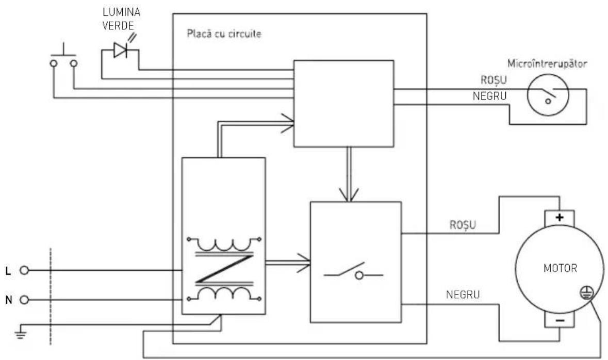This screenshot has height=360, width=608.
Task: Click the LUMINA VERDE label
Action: tap(121, 19)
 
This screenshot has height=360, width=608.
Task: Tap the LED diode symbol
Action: tap(121, 50)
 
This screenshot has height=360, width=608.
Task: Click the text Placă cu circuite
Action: tap(224, 34)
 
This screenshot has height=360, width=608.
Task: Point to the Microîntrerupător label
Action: tap(547, 63)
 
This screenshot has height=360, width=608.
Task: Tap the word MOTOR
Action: tap(561, 268)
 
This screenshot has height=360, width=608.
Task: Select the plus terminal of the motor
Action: tap(559, 218)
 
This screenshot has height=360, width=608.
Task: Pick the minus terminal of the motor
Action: tap(560, 320)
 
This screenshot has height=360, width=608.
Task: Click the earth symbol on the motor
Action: tap(587, 292)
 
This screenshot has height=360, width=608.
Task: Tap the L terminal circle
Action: tap(24, 270)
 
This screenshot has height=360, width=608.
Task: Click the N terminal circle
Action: tap(24, 300)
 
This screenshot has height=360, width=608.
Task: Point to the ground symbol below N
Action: tap(21, 333)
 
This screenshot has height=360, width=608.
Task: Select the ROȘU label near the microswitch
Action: tap(494, 80)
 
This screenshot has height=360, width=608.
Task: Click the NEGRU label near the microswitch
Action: tap(490, 96)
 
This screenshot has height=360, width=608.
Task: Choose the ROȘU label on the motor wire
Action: tap(463, 225)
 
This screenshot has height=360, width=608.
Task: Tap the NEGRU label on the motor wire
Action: tap(463, 294)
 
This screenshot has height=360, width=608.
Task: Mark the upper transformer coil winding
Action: tap(224, 243)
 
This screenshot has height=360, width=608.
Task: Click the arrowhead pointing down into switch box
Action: tap(349, 194)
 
